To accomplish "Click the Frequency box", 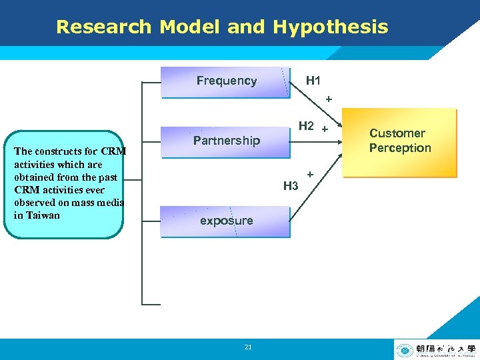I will pos(226,81).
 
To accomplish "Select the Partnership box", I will pos(226,140).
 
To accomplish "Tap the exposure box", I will pos(226,221).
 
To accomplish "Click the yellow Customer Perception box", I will pos(399,142).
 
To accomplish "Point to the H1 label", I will pos(313,81).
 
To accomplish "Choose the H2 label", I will pos(306,125).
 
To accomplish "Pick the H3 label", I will pos(291,186).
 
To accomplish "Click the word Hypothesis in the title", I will pos(330,27).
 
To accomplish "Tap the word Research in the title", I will pos(104,27).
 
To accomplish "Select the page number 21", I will pos(248,347).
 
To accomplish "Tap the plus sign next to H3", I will pos(311,174).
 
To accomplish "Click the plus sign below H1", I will pos(328,99).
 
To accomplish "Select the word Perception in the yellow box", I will pos(400,148).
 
